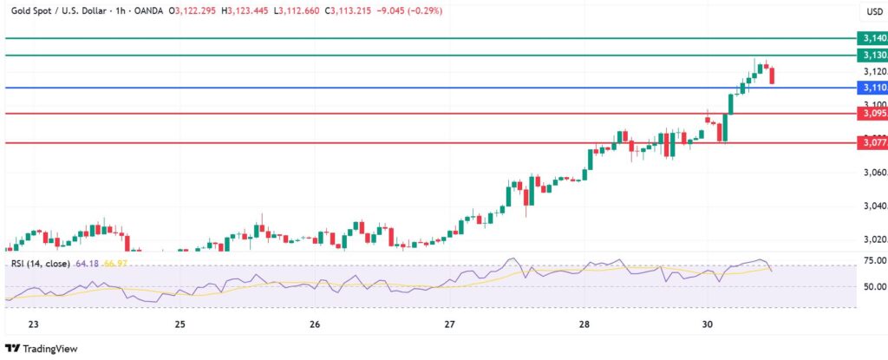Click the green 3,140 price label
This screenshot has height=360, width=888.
[872, 38]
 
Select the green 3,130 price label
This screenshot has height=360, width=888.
[872, 55]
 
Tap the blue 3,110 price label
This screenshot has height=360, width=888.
[872, 88]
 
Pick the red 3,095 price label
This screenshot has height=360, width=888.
[872, 113]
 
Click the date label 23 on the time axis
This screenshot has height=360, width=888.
[34, 324]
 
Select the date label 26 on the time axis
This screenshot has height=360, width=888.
[315, 324]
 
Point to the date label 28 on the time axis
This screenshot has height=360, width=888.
[584, 324]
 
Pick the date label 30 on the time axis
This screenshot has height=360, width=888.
[708, 324]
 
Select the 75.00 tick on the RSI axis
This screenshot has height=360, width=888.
[874, 260]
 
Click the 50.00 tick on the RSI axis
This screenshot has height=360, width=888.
[874, 286]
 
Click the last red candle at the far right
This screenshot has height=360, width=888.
[773, 75]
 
